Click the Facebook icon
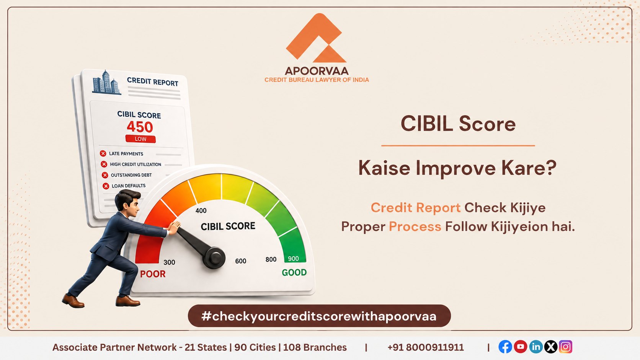click(505, 347)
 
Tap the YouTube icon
click(521, 347)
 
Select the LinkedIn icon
click(536, 347)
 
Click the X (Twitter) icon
click(551, 347)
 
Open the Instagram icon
click(566, 347)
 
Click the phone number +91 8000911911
click(425, 347)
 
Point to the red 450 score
click(140, 127)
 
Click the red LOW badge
click(140, 139)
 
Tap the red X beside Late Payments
click(103, 153)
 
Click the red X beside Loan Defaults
click(106, 186)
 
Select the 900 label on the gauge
click(293, 259)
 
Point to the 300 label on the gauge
click(169, 262)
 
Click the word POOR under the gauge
click(153, 274)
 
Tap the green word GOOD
click(294, 273)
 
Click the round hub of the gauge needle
click(214, 258)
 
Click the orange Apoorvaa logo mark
click(317, 38)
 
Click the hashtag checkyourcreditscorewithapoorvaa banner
click(319, 316)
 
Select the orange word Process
click(415, 227)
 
